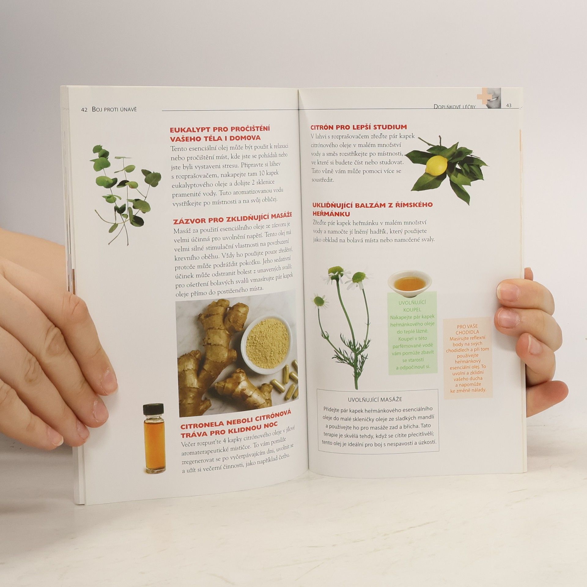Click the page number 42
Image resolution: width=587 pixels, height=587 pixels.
(x=84, y=110)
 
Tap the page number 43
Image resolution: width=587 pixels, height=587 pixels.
(x=509, y=105)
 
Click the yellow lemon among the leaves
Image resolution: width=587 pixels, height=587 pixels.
(x=436, y=166)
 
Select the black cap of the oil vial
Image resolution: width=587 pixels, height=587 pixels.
(x=153, y=409)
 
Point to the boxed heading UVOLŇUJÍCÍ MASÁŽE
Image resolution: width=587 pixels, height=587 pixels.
(x=375, y=399)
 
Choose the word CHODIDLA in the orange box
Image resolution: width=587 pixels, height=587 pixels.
(x=467, y=332)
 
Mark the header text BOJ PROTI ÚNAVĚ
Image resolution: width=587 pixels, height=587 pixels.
(x=114, y=109)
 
